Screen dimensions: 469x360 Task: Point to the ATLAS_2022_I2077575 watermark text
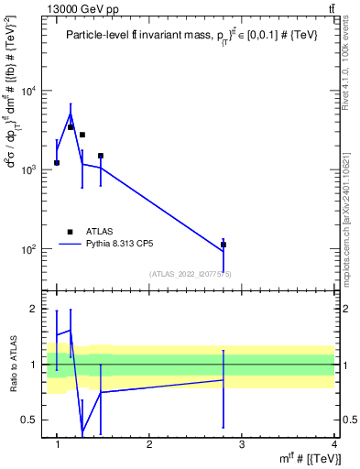point(191,274)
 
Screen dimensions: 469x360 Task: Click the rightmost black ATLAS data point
point(224,245)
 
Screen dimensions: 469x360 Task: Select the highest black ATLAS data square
point(71,127)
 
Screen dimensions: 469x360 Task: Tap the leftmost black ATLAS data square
point(57,162)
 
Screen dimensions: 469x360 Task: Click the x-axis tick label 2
point(149,444)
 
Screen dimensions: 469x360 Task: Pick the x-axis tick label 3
point(242,444)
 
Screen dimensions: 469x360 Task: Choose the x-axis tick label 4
point(334,444)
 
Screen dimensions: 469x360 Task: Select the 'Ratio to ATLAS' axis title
point(13,365)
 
